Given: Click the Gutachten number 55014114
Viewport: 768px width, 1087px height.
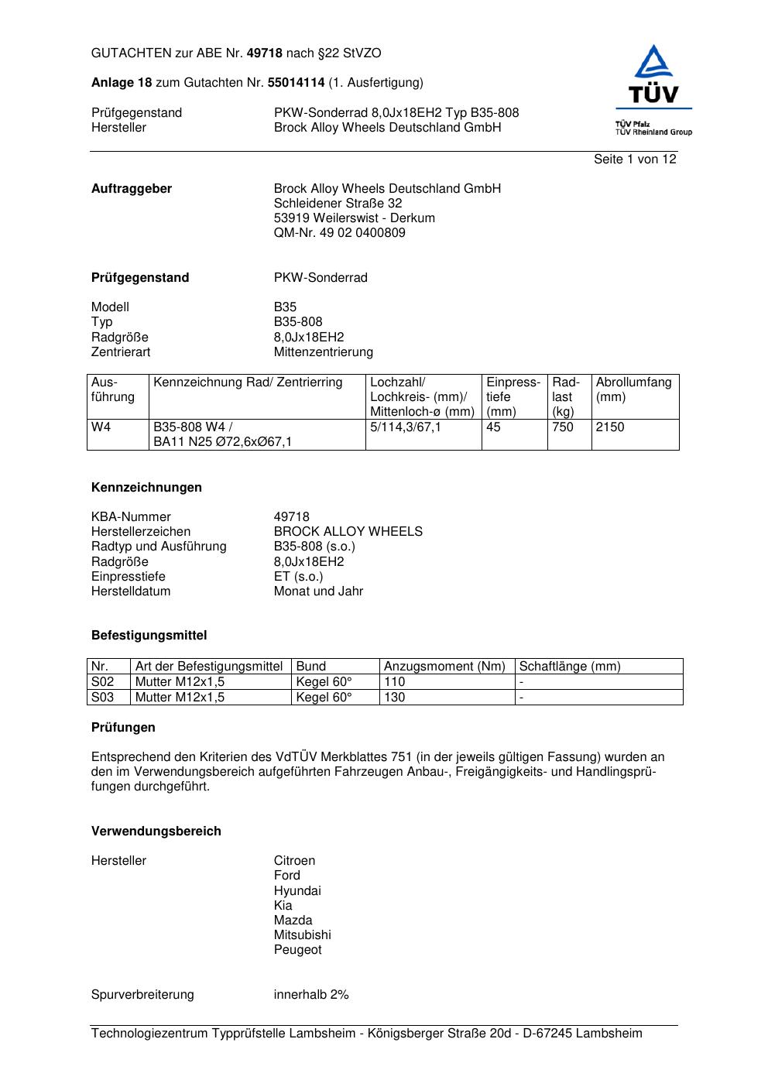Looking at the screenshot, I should pos(296,82).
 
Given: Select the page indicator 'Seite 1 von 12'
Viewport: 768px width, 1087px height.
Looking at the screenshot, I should pos(635,159).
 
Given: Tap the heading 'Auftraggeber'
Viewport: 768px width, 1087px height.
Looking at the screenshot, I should pos(132,189).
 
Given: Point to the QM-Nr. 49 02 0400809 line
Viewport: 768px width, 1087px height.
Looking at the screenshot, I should pos(339,233).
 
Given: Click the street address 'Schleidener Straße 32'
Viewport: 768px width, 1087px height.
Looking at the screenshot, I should pos(338,204).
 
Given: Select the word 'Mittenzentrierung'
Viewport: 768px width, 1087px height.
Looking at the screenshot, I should pos(323,352).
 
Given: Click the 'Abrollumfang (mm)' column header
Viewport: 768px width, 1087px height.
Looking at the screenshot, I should pos(633,389).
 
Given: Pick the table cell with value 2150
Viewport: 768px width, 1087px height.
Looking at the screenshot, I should pos(610,427).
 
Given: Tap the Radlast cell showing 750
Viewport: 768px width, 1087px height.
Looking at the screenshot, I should pos(563,427).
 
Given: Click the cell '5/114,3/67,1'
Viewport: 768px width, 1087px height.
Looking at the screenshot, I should pos(406,427).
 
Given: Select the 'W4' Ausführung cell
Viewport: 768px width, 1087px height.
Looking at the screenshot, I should pos(101,427).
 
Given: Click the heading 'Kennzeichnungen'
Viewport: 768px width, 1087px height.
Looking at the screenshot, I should pos(146,488).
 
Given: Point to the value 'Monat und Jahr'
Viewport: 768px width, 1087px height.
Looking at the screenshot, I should pos(318,592).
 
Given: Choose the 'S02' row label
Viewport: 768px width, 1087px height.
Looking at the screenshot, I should pos(102,682).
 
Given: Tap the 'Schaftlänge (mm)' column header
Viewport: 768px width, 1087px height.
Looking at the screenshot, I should pos(570,667).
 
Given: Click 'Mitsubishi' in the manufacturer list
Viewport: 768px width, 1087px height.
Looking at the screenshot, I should pos(302,935).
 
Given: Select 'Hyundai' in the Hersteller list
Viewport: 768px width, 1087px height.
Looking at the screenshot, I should pos(297,891).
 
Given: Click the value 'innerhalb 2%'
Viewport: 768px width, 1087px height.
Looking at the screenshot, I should pos(311,995).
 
